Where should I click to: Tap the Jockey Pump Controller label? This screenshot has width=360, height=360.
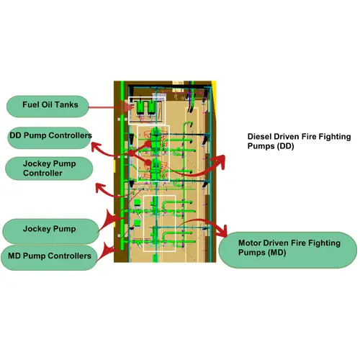[x=49, y=168]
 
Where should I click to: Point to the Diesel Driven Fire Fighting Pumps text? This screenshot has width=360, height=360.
[x=299, y=141]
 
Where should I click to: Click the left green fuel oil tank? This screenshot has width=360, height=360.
[x=140, y=107]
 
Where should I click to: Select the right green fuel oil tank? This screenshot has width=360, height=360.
[x=151, y=107]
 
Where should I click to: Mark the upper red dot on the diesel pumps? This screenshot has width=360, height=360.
[x=148, y=144]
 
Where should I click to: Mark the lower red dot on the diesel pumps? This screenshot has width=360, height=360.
[x=148, y=163]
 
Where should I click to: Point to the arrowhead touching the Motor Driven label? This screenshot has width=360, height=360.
[x=222, y=231]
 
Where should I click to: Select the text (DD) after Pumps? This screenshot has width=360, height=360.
[x=285, y=146]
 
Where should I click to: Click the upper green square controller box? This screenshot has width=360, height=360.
[x=137, y=202]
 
